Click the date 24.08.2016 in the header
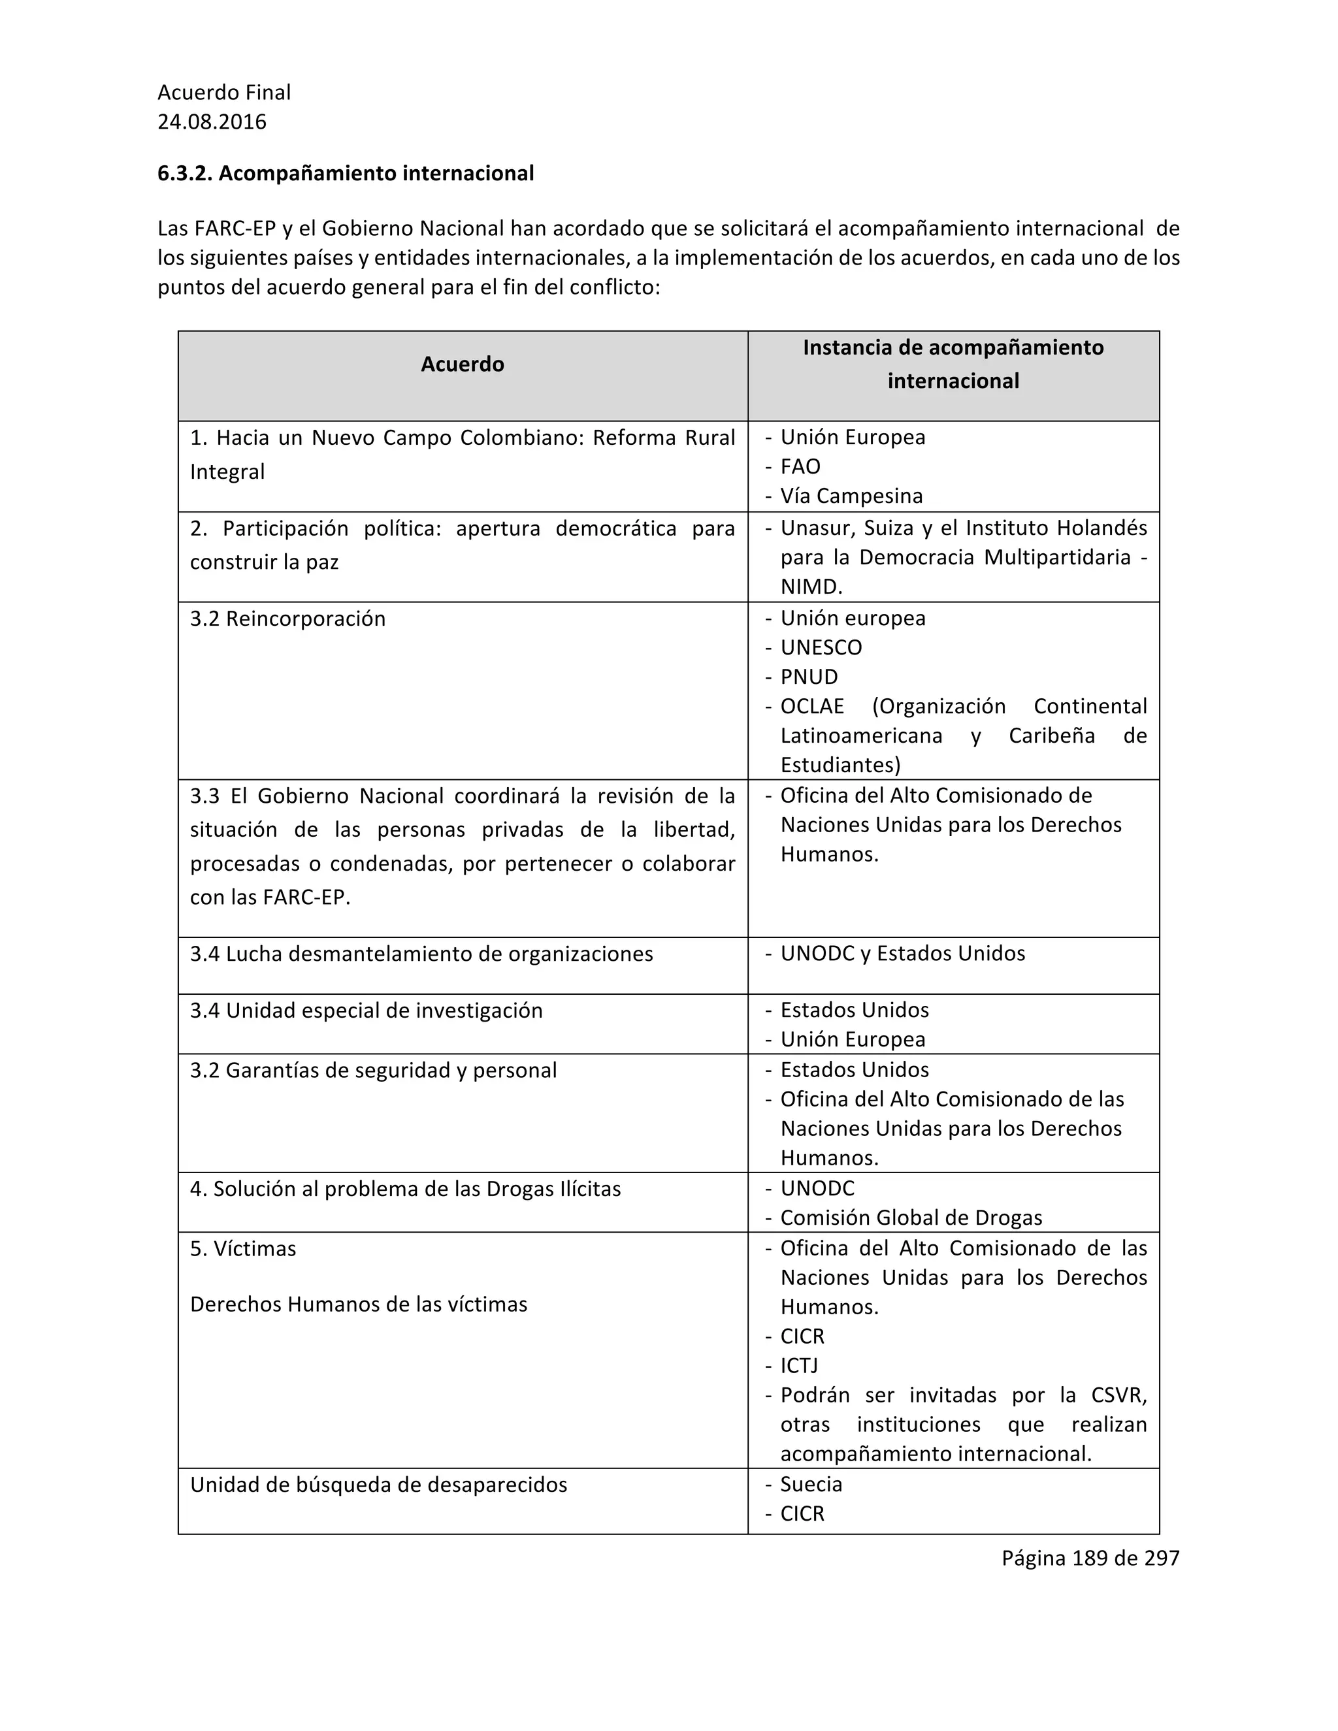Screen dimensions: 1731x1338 pos(212,122)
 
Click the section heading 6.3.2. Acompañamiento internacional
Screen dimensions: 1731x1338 pos(346,173)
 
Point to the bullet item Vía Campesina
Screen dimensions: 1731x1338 pos(851,496)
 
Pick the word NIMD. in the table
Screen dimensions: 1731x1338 pos(811,587)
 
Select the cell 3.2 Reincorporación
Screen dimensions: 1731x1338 pos(287,619)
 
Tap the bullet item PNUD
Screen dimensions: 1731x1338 pos(809,677)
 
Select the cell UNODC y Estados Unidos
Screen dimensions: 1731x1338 pos(902,954)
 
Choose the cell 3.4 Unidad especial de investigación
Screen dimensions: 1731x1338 pos(367,1011)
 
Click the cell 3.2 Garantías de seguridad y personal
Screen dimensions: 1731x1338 pos(373,1071)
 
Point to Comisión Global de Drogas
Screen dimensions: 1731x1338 pos(911,1218)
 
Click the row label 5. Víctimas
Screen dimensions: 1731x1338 pos(242,1249)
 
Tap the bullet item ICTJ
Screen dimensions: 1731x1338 pos(799,1366)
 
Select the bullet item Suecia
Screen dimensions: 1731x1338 pos(811,1485)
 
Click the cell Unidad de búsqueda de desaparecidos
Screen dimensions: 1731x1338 pos(378,1485)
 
